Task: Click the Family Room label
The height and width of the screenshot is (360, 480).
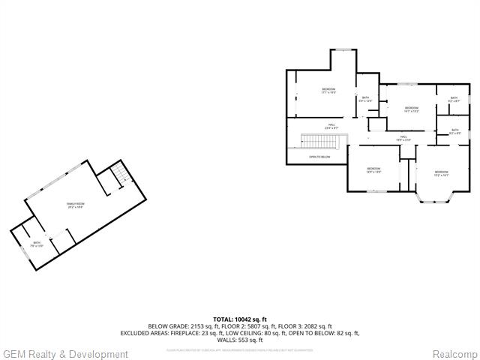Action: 75,205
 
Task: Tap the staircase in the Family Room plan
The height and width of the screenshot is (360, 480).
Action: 119,178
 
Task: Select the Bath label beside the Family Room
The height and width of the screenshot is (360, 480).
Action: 37,244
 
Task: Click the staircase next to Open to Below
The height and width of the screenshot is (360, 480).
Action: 319,140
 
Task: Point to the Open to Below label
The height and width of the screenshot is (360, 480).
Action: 319,157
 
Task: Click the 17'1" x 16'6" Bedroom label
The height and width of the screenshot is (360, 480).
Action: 328,91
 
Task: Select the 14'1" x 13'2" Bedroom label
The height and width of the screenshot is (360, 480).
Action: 411,109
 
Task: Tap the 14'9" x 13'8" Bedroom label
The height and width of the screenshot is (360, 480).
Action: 373,170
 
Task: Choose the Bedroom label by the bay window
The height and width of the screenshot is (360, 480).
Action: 441,174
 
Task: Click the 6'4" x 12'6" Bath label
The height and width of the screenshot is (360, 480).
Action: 366,99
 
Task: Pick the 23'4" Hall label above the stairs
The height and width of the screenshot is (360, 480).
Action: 331,126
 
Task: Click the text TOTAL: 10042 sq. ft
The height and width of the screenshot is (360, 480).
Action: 240,319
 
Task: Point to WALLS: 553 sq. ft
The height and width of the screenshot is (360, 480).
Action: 240,340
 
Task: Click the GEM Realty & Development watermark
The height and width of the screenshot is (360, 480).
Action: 65,354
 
